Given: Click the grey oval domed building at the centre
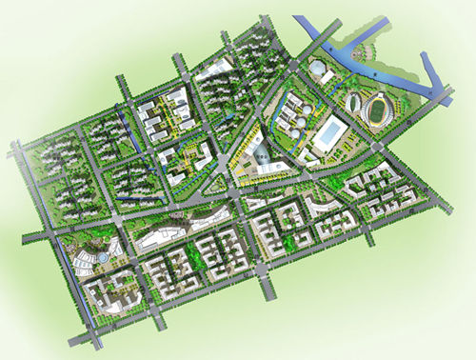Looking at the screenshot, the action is tap(258, 150).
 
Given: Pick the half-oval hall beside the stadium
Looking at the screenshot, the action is tap(353, 103).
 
